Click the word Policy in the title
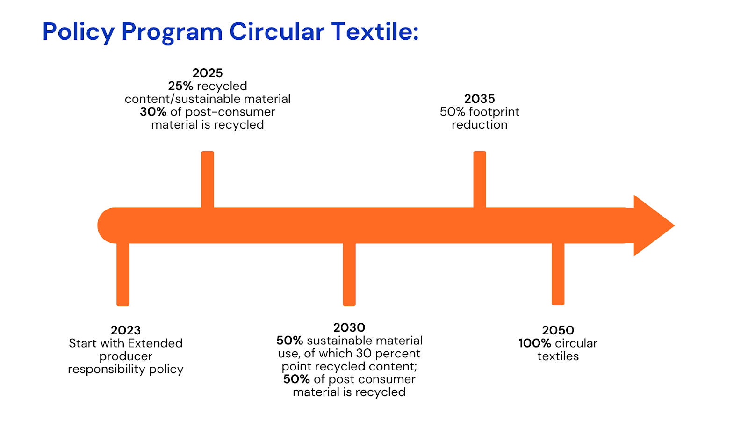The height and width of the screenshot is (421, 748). point(79,32)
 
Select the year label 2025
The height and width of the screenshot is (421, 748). point(208,73)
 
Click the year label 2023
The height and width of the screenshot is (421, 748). point(126,330)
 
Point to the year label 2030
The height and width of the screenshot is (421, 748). point(349,327)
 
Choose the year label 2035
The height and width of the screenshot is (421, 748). point(480,99)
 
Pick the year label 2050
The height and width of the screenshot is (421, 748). point(558,330)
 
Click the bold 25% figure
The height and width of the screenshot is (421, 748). point(180,86)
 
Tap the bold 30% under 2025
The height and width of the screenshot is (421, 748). point(153,112)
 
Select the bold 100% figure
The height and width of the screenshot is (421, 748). point(535,343)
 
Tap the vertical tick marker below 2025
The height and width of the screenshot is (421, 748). point(208,180)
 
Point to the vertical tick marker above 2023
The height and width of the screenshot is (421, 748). point(123,274)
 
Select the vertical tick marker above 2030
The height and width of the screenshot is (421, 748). point(349,274)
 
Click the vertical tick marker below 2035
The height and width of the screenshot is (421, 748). point(480,180)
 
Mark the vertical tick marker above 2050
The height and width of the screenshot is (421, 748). point(558,274)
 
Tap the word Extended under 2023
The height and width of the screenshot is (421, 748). point(155,343)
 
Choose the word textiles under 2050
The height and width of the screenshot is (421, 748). point(558,356)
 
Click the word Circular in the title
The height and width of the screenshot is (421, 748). point(277,31)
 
